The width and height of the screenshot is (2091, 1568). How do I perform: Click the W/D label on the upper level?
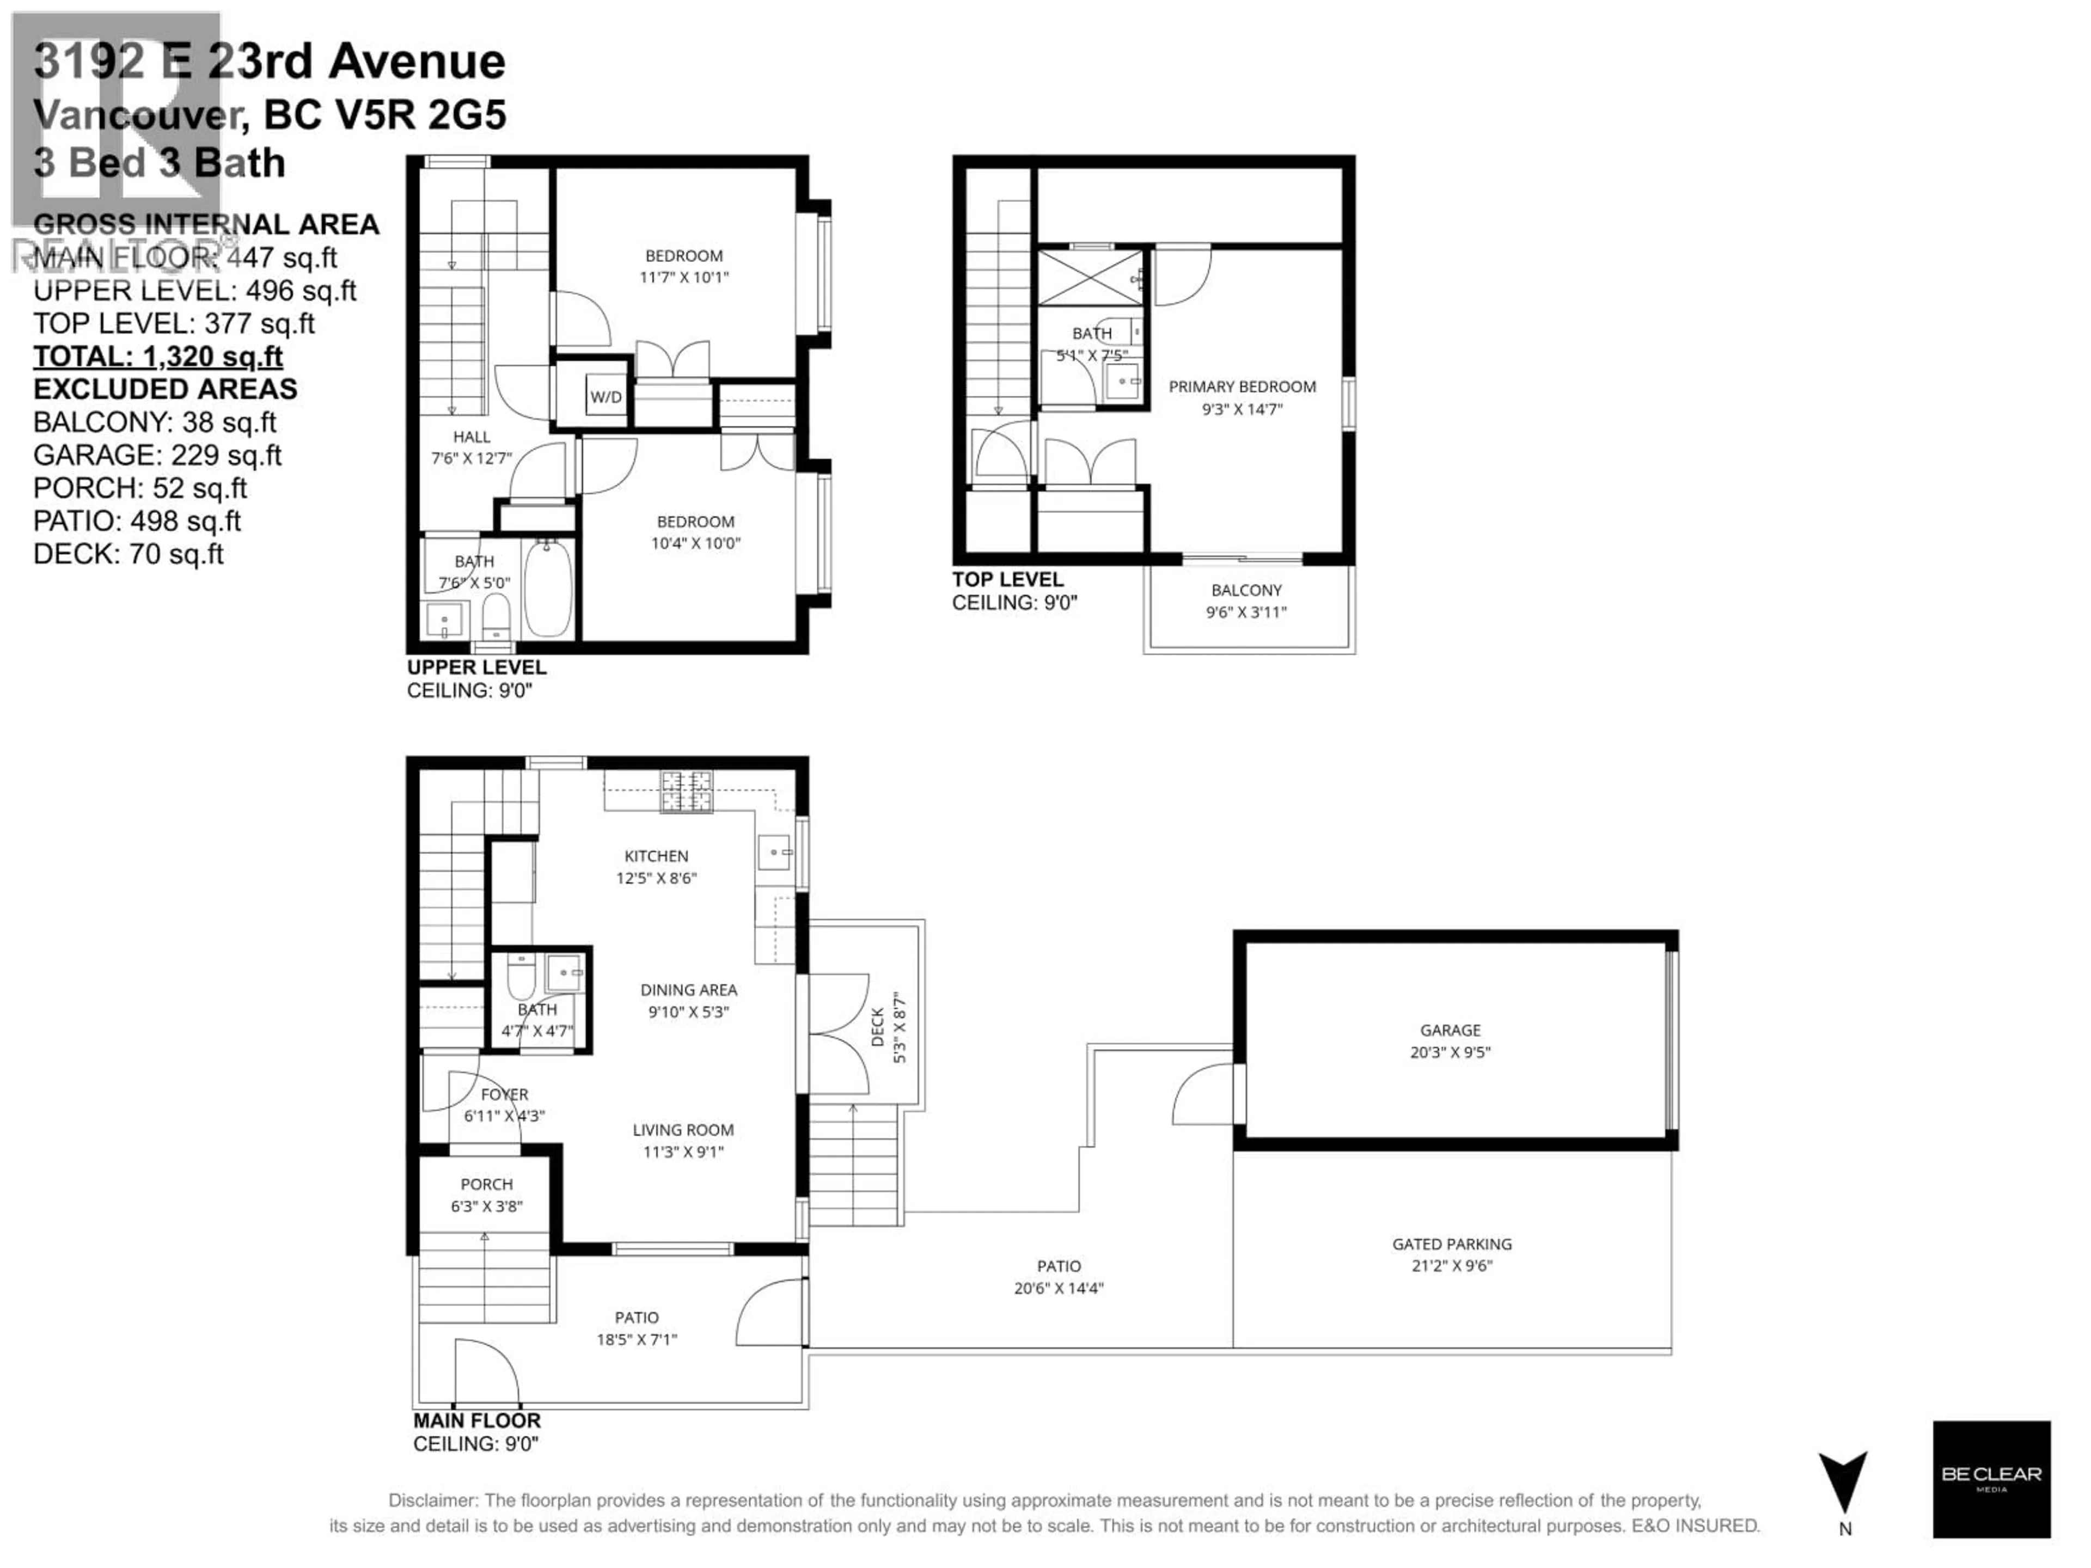click(x=606, y=397)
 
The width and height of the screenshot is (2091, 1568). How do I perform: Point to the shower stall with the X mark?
click(x=1090, y=278)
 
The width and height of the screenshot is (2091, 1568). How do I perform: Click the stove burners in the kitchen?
click(x=687, y=792)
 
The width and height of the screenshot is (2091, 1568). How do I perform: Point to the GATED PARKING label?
click(x=1451, y=1244)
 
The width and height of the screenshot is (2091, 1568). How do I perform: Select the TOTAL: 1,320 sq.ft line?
click(x=158, y=356)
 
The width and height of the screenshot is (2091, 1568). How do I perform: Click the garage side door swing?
click(x=1203, y=1094)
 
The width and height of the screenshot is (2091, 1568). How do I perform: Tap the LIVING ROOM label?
click(x=682, y=1130)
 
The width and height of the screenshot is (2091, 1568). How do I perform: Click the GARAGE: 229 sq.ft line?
click(x=157, y=456)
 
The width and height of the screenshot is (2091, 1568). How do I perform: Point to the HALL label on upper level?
click(x=471, y=437)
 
